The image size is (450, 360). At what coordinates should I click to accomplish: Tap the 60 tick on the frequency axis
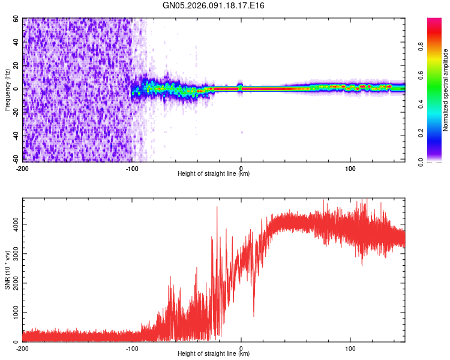[x=16, y=19]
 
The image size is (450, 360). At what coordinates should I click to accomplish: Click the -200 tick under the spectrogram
[x=23, y=168]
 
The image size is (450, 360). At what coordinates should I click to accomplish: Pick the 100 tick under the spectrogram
[x=350, y=168]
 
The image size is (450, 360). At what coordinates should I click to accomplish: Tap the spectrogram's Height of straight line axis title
[x=214, y=174]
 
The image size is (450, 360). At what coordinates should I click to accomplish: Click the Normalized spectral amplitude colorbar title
[x=445, y=90]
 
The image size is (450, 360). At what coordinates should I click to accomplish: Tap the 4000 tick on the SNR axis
[x=13, y=224]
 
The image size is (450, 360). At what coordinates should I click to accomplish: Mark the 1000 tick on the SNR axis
[x=13, y=313]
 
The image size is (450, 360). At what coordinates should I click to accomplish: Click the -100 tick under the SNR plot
[x=132, y=348]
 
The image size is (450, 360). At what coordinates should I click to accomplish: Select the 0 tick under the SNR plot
[x=241, y=348]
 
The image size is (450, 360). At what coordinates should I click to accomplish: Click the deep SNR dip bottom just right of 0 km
[x=254, y=316]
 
